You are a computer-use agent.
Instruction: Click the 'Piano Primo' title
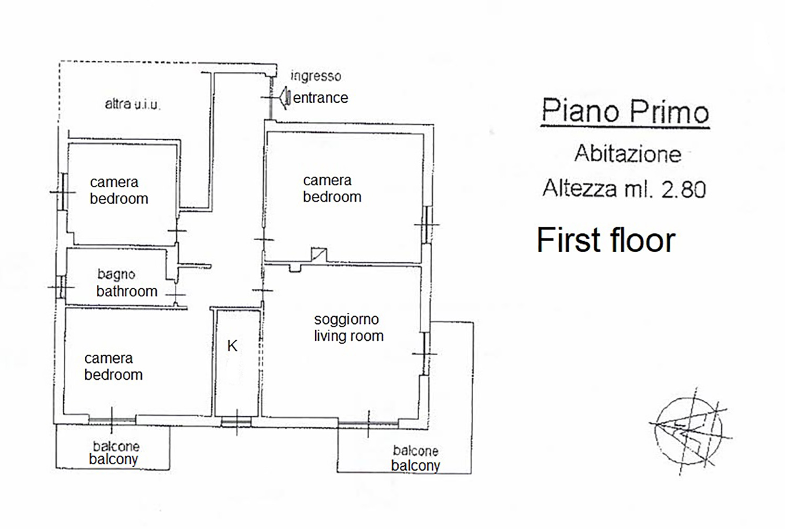pos(625,111)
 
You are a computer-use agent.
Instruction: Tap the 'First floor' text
pos(606,240)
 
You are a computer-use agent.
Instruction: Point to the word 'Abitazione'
pos(627,154)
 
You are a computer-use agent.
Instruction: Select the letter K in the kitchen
pos(232,346)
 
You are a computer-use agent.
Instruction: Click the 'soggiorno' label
pos(346,320)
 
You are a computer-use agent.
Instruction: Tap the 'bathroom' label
pos(127,291)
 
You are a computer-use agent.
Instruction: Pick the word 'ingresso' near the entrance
pos(316,76)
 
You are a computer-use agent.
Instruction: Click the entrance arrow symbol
pos(286,97)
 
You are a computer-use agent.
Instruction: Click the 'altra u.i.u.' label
pos(132,104)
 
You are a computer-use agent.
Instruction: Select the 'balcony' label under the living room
pos(416,466)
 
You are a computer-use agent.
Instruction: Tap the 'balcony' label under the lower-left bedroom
pos(113,459)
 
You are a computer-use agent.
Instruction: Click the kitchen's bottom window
pos(236,422)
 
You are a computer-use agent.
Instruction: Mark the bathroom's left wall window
pos(61,287)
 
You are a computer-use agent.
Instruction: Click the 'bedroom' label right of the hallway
pos(332,197)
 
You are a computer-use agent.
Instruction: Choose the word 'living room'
pos(349,336)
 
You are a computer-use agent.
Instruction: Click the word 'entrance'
pos(320,98)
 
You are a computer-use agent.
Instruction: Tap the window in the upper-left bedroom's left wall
pos(64,192)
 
